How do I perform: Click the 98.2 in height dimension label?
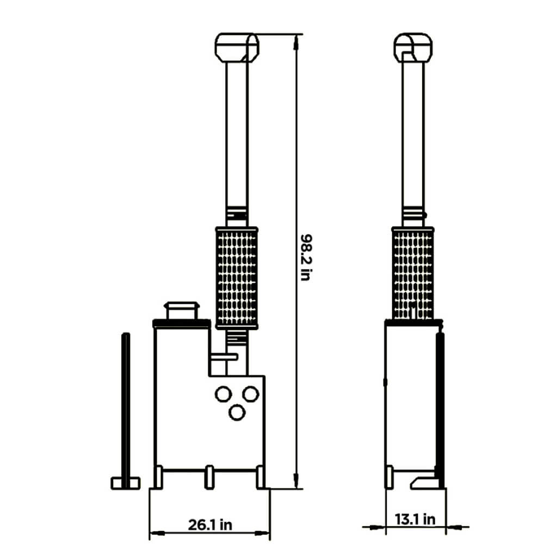point(306,257)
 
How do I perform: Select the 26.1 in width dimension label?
point(210,524)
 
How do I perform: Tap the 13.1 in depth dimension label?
point(415,519)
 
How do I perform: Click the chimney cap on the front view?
point(237,48)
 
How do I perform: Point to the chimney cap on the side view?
point(413,48)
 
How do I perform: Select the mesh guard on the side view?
point(413,274)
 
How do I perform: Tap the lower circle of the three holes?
point(237,413)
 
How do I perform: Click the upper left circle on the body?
point(224,394)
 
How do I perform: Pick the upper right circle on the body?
point(250,394)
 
